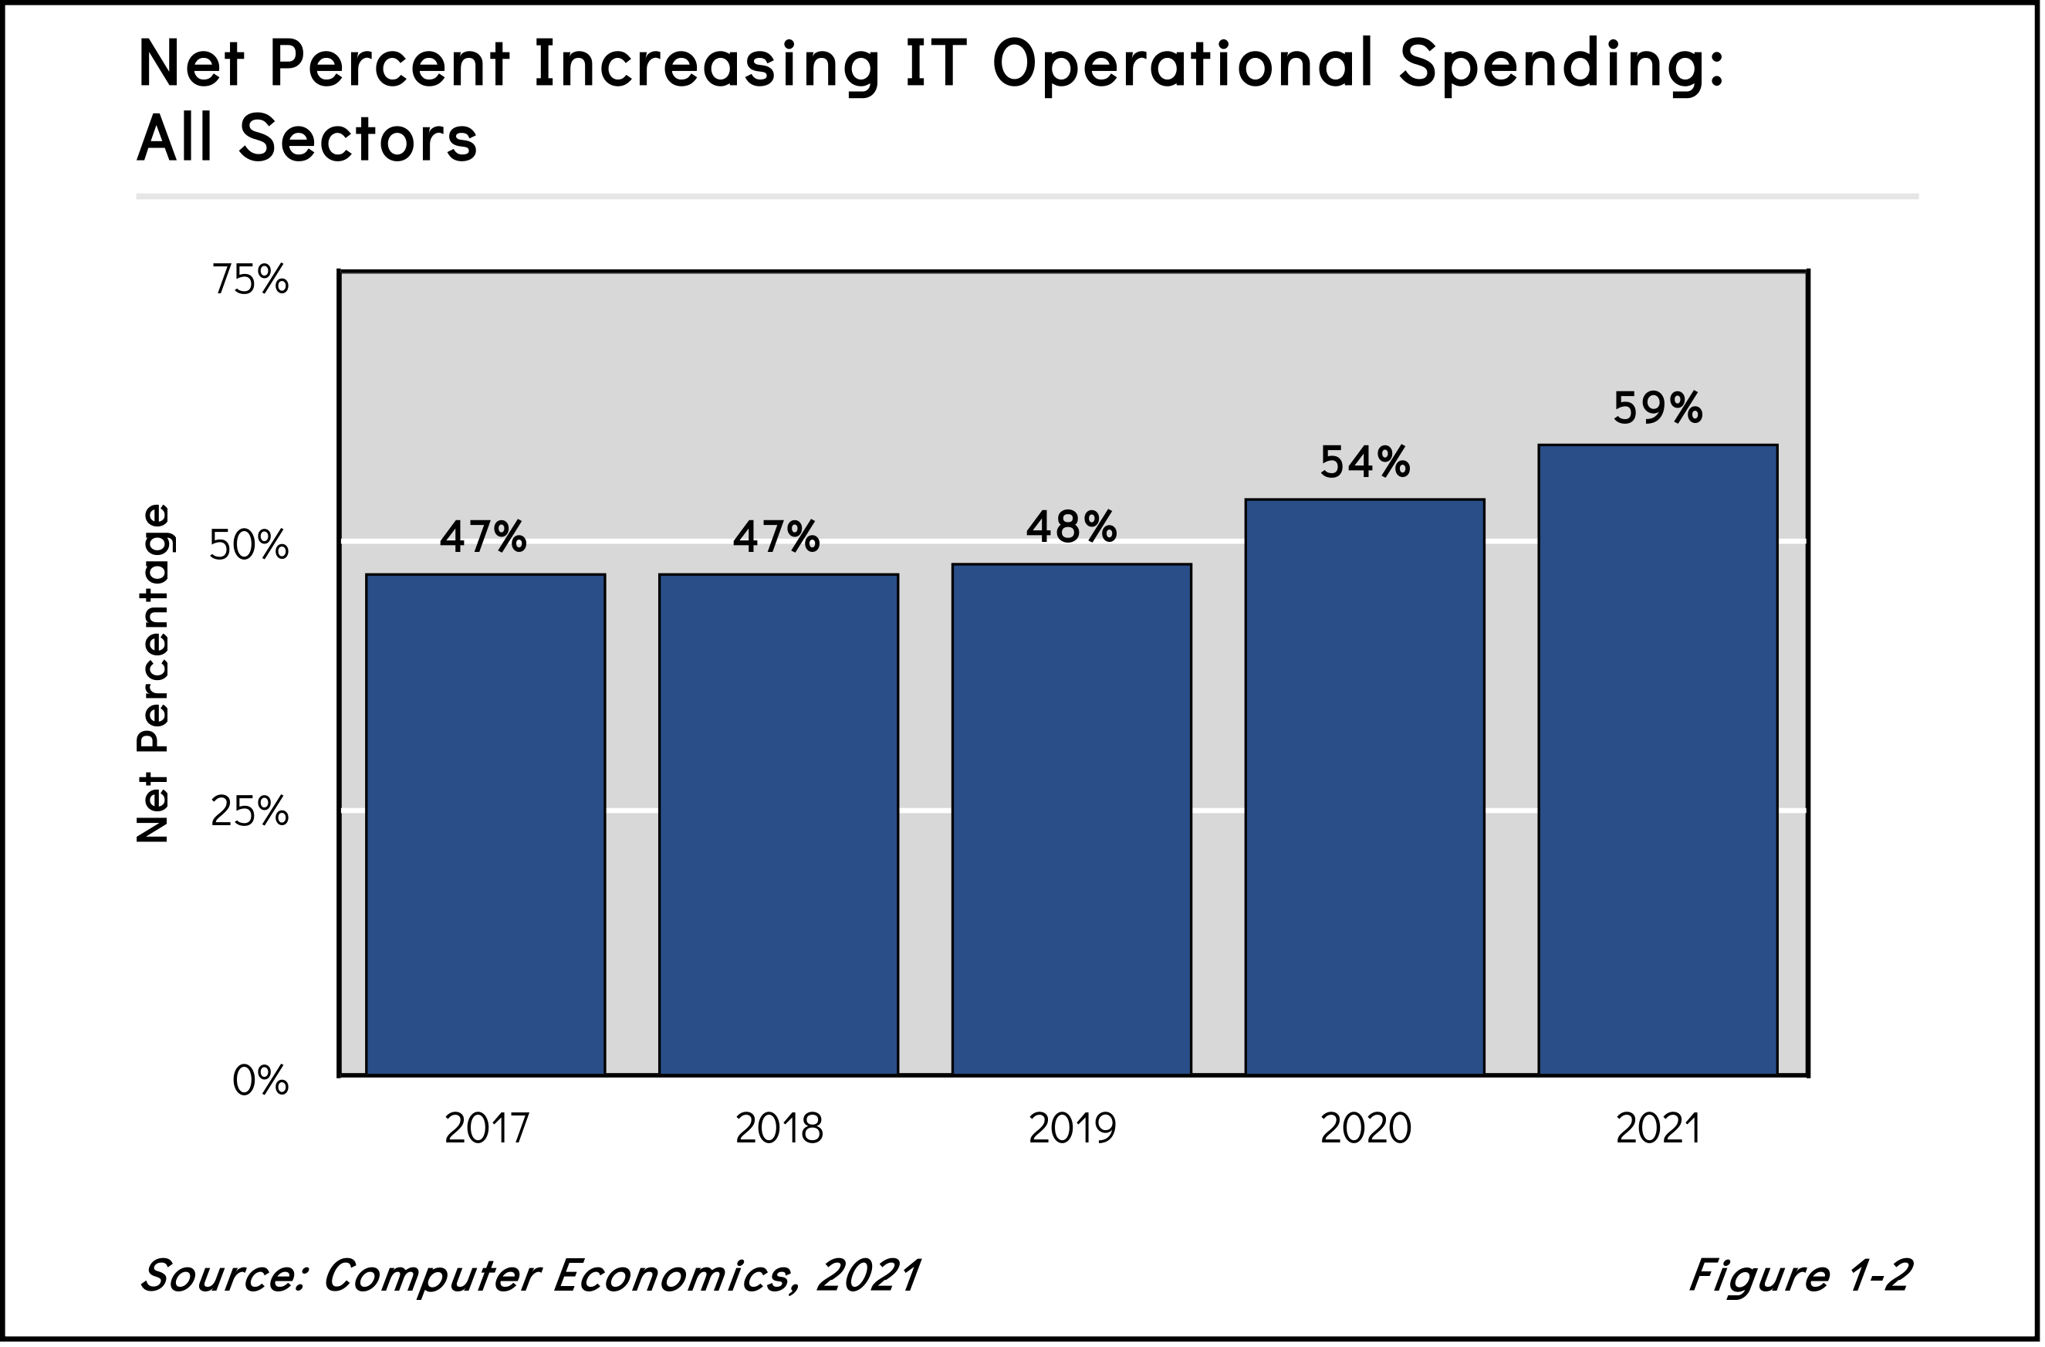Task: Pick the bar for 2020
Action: click(x=1364, y=787)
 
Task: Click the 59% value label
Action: click(x=1658, y=408)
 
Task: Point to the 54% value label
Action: click(x=1364, y=462)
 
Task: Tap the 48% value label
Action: click(x=1071, y=526)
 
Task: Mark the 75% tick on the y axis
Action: click(x=250, y=280)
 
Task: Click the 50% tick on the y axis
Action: click(x=249, y=545)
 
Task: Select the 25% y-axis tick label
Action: click(x=249, y=811)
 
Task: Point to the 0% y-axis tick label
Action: click(x=260, y=1081)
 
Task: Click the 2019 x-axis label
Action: click(x=1071, y=1129)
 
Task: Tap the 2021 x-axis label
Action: click(x=1658, y=1129)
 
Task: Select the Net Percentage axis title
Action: click(x=154, y=672)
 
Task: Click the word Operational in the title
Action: click(x=1182, y=66)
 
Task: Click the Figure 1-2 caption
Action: click(x=1800, y=1274)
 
